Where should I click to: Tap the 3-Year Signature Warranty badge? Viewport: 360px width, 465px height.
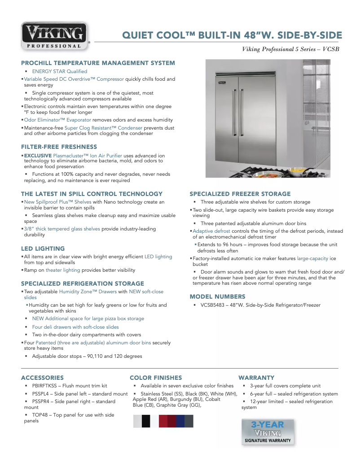[x=268, y=432]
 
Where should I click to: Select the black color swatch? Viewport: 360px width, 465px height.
[x=146, y=421]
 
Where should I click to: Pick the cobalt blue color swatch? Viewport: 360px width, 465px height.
[x=180, y=421]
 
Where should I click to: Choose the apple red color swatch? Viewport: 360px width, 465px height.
[x=163, y=421]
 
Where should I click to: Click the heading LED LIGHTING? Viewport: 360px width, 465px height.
[x=43, y=248]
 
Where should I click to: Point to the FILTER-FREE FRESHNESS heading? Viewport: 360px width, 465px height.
[x=59, y=147]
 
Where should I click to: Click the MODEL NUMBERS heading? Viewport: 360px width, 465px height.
[x=217, y=296]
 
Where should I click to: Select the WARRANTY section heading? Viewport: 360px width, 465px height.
[x=256, y=378]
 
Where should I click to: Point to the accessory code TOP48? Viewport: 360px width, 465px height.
[x=40, y=415]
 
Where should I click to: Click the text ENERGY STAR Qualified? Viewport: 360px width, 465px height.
[x=59, y=71]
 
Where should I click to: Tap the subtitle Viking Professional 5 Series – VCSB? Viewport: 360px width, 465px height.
[x=290, y=49]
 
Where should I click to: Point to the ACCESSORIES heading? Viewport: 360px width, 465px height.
[x=42, y=378]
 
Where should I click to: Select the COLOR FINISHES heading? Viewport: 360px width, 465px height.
[x=156, y=378]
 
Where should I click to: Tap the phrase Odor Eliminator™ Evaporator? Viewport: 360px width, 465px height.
[x=57, y=120]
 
